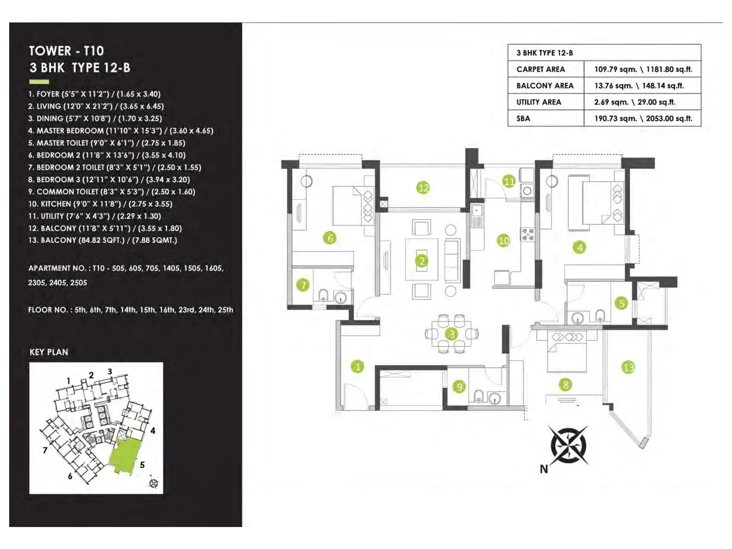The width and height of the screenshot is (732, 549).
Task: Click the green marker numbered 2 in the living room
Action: [422, 261]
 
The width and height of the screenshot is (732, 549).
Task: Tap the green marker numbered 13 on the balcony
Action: [628, 367]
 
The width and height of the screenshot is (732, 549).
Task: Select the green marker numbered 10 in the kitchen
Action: [504, 240]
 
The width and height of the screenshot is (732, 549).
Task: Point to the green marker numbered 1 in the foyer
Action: [358, 366]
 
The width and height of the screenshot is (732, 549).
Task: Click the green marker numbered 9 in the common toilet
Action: [459, 387]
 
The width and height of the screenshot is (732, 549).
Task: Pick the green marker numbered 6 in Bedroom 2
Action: [330, 237]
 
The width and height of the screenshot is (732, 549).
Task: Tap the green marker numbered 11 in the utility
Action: [509, 181]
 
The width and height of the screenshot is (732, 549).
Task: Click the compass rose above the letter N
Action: [568, 444]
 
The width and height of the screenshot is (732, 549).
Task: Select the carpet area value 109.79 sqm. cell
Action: [643, 69]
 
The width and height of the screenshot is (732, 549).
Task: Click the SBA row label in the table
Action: [523, 118]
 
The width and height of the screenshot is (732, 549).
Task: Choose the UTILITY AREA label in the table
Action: [538, 102]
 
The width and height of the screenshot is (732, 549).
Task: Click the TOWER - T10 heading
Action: [66, 51]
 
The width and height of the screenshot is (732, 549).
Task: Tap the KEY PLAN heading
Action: [48, 352]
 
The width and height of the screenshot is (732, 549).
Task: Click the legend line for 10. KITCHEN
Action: [100, 204]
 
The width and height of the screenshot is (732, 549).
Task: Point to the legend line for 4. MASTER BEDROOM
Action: [121, 130]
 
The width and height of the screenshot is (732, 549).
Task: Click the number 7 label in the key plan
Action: [45, 450]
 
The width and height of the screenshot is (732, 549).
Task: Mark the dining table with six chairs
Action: [452, 334]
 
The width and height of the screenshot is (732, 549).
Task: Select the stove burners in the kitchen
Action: [527, 234]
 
